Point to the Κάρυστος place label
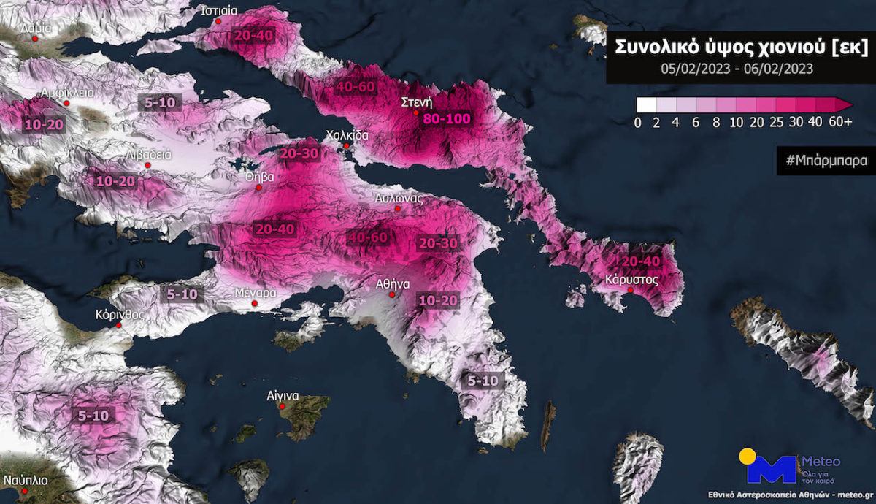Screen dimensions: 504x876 pyautogui.click(x=632, y=279)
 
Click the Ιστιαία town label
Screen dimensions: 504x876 pyautogui.click(x=219, y=11)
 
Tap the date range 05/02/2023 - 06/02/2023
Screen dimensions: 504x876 pyautogui.click(x=737, y=69)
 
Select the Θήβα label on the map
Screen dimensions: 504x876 pyautogui.click(x=260, y=177)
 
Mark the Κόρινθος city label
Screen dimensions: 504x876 pyautogui.click(x=119, y=315)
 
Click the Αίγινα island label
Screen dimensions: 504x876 pyautogui.click(x=283, y=396)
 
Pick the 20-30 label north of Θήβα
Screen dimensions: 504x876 pyautogui.click(x=298, y=153)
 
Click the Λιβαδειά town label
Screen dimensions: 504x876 pyautogui.click(x=149, y=154)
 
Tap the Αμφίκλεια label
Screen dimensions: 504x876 pyautogui.click(x=66, y=93)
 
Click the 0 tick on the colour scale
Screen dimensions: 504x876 pyautogui.click(x=638, y=122)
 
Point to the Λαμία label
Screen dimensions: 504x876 pyautogui.click(x=35, y=29)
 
